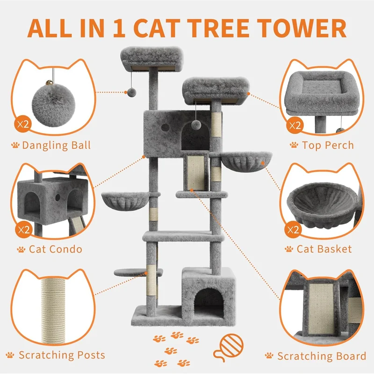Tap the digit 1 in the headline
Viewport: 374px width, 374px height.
click(119, 28)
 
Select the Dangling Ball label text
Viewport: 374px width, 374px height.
click(56, 145)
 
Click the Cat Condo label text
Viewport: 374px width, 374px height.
click(56, 249)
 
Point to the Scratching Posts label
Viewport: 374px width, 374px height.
click(62, 355)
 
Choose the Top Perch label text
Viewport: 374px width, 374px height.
click(328, 145)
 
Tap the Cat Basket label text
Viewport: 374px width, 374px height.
click(324, 249)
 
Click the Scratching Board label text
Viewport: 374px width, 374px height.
click(322, 356)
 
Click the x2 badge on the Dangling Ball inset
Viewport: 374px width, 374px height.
click(23, 124)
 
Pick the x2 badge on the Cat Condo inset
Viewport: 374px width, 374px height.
click(24, 230)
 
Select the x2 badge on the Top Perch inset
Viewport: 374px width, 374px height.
click(295, 125)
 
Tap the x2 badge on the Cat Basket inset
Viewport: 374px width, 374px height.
click(293, 230)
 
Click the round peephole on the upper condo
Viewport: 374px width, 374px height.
click(165, 127)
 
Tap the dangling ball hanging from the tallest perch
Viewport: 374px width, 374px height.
click(131, 92)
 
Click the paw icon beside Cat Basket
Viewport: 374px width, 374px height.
click(289, 249)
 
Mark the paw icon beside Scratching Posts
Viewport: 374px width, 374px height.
click(10, 355)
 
